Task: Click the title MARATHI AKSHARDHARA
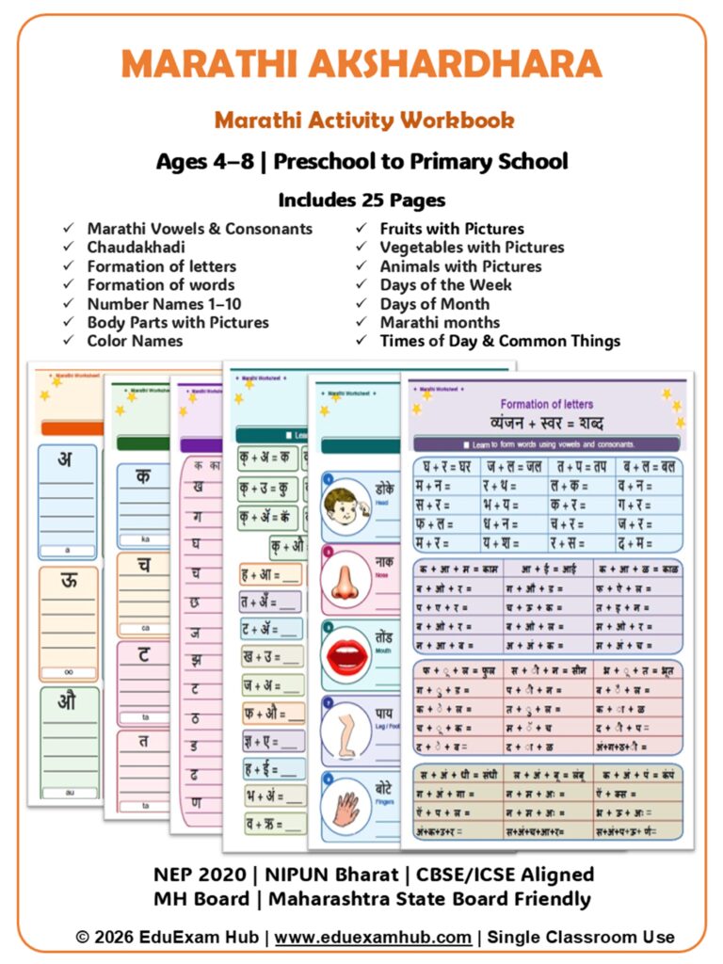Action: pyautogui.click(x=361, y=64)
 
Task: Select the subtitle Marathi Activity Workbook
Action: pyautogui.click(x=363, y=120)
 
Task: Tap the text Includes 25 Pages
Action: pyautogui.click(x=361, y=200)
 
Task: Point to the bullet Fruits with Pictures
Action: pyautogui.click(x=452, y=229)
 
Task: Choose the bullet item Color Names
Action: pyautogui.click(x=135, y=341)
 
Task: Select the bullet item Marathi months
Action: pyautogui.click(x=434, y=322)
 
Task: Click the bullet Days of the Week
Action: pyautogui.click(x=445, y=284)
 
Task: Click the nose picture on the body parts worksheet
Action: pyautogui.click(x=345, y=580)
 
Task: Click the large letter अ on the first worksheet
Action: pyautogui.click(x=65, y=459)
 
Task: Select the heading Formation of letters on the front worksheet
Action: pyautogui.click(x=546, y=403)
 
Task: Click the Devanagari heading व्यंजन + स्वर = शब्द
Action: pyautogui.click(x=547, y=422)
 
